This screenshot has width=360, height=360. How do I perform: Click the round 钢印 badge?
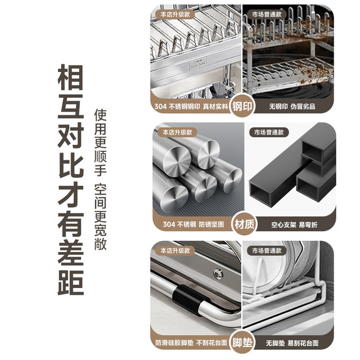(242, 106)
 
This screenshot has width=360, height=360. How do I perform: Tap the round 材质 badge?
(244, 224)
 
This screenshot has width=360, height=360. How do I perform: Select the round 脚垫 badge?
(242, 343)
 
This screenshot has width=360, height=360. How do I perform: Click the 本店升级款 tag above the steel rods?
(177, 133)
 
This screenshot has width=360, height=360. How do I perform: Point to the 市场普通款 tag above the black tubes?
(269, 133)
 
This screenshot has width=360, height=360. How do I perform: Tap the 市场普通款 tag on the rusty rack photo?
(267, 15)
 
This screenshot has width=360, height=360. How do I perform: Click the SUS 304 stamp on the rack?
(198, 63)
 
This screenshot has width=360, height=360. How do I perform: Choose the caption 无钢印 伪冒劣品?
(292, 106)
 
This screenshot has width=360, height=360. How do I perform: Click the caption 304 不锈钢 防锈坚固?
(193, 224)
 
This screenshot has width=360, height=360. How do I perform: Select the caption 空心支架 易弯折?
(294, 224)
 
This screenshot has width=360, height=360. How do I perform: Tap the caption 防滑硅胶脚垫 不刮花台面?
(191, 343)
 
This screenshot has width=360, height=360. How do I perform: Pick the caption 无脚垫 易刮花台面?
(292, 343)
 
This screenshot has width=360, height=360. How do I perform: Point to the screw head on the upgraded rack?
(218, 273)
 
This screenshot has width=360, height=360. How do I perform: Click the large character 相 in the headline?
(70, 78)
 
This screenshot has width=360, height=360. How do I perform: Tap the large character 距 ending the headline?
(70, 282)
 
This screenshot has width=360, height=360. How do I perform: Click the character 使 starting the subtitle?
(100, 115)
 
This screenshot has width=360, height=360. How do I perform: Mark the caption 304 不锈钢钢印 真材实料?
(191, 106)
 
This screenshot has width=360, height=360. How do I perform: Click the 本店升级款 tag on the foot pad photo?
(175, 250)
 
